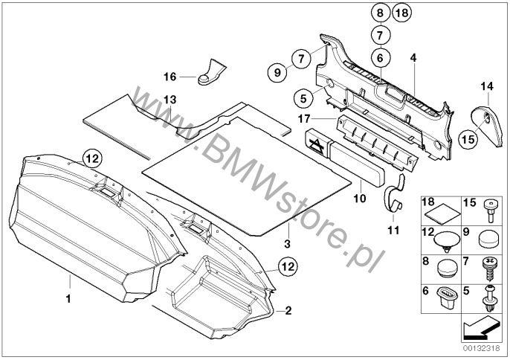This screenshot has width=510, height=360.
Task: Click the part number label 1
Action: click(x=68, y=299)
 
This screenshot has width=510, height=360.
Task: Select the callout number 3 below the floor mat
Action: click(x=286, y=243)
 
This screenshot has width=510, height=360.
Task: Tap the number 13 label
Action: click(x=170, y=99)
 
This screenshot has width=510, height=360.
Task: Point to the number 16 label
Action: click(x=169, y=76)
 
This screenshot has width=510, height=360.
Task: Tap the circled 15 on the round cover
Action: click(x=468, y=137)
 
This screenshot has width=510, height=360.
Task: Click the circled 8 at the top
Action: click(x=379, y=13)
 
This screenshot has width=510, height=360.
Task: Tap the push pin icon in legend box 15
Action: click(x=490, y=212)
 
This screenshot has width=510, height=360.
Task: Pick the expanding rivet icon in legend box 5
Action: click(x=490, y=300)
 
